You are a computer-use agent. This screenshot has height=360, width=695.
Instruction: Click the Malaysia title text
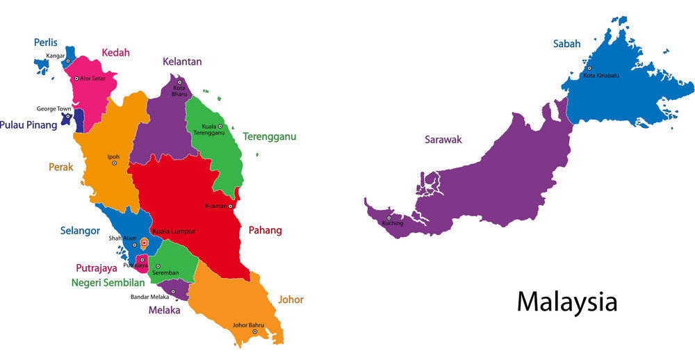point(566,302)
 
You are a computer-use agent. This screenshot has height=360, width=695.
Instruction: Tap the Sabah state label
point(566,44)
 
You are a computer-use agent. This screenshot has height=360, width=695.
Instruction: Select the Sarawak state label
point(443,140)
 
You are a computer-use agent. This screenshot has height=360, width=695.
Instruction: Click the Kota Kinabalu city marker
point(589,68)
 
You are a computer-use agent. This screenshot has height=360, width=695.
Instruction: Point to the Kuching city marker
point(389,216)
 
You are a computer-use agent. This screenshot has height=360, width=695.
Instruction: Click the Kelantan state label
point(182,61)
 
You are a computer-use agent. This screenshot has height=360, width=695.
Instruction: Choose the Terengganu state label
point(269,136)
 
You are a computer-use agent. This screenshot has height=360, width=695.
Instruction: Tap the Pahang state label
point(265,230)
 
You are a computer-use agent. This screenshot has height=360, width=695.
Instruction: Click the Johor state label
point(291,300)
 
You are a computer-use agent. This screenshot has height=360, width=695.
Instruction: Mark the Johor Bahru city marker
point(254,332)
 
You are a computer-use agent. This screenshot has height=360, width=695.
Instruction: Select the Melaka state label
point(164,310)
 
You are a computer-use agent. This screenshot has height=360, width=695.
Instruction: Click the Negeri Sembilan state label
point(108,283)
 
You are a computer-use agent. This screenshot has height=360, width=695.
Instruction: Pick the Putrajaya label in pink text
point(96,268)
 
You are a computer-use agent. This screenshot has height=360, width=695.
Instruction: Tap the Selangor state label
point(79,231)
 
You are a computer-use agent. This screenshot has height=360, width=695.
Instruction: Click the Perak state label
point(60,167)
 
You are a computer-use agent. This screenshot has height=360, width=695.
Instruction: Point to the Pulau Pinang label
point(28,125)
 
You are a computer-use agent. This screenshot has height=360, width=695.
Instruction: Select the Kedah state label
point(115,52)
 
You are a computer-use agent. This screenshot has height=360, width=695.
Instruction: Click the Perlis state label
point(45,42)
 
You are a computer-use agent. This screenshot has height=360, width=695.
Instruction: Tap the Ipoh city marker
point(114,163)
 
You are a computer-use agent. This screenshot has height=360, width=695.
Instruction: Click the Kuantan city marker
point(230,206)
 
